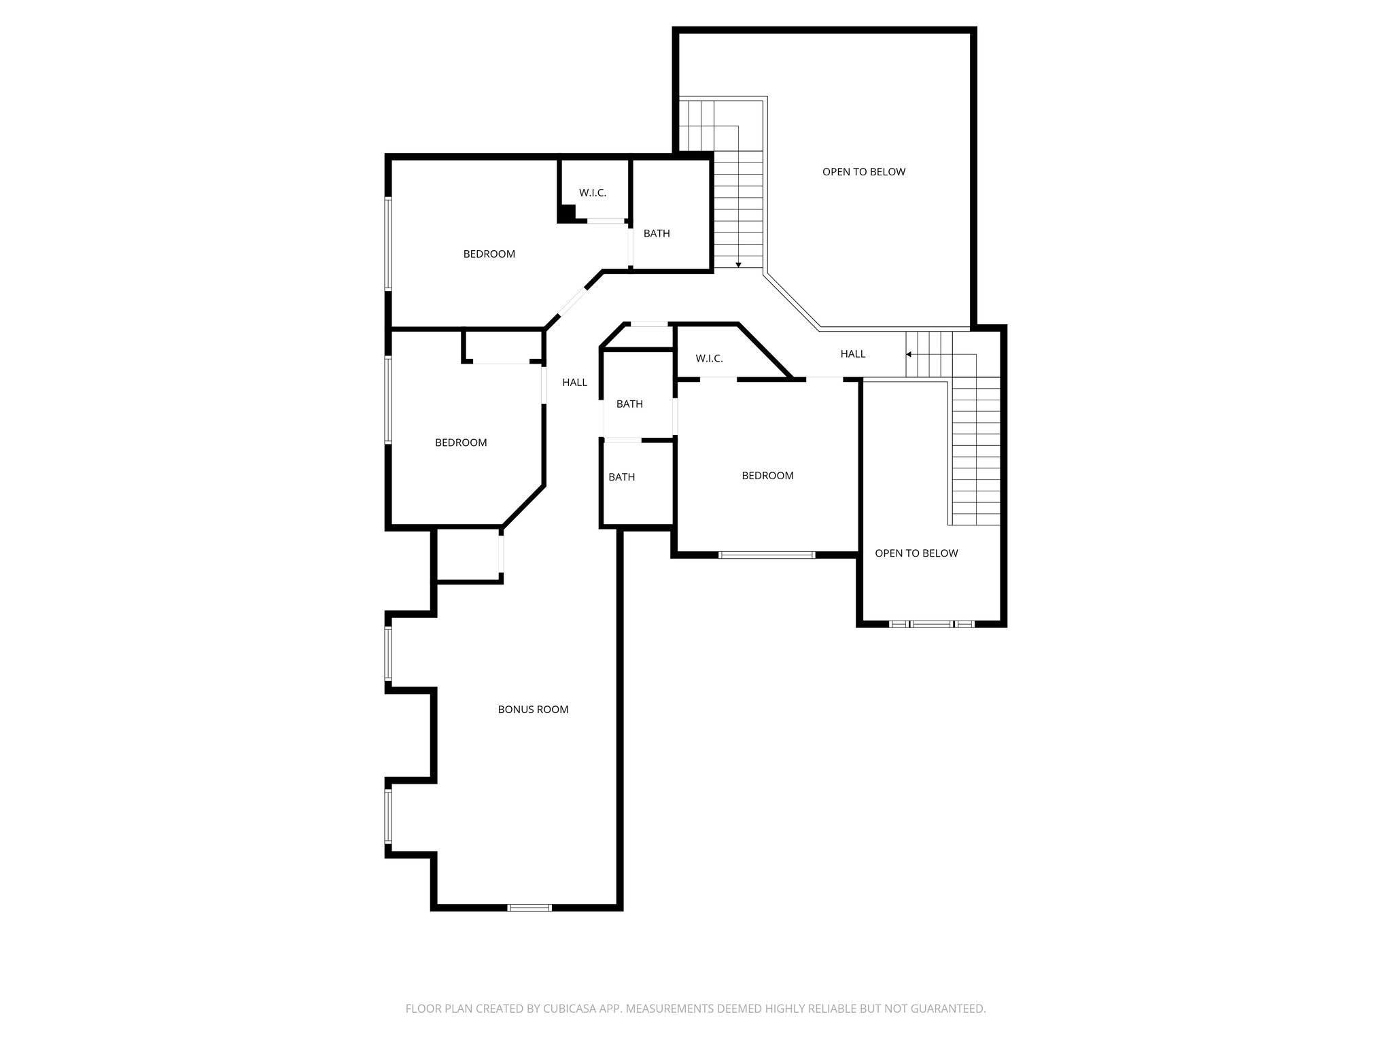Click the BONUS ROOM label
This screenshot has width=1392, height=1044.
coord(533,709)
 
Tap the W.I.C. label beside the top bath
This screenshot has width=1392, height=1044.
coord(593,192)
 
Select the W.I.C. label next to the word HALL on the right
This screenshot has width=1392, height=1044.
coord(709,358)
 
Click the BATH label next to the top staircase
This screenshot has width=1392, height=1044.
coord(657,233)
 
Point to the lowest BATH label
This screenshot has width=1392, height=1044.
coord(621,477)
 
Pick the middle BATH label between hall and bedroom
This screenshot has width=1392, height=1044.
coord(629,404)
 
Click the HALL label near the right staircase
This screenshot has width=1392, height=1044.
coord(853,353)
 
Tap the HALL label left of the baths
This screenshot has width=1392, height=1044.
coord(574,382)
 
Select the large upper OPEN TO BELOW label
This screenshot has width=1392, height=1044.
coord(864,171)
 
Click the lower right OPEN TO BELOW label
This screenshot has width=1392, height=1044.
coord(916,553)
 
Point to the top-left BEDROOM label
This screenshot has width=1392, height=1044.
coord(489,254)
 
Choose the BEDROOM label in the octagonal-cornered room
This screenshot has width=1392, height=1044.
coord(461,442)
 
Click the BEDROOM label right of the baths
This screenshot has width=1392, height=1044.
coord(767,476)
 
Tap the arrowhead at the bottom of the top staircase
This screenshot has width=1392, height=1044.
coord(738,264)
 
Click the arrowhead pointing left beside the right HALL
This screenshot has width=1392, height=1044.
coord(909,354)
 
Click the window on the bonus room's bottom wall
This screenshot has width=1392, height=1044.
coord(529,907)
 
